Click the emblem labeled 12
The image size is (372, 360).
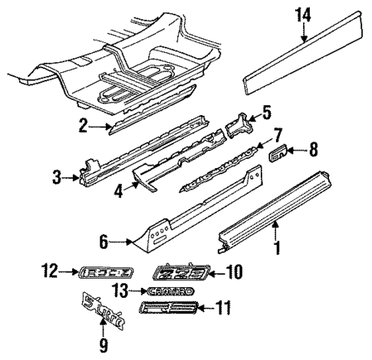107,271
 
